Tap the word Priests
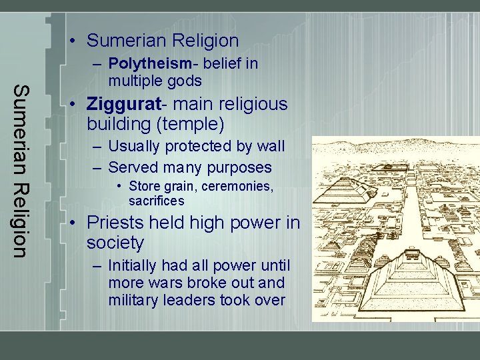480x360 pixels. (x=116, y=223)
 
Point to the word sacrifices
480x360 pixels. (x=157, y=201)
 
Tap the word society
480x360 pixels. (x=115, y=243)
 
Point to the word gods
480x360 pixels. (x=185, y=81)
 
